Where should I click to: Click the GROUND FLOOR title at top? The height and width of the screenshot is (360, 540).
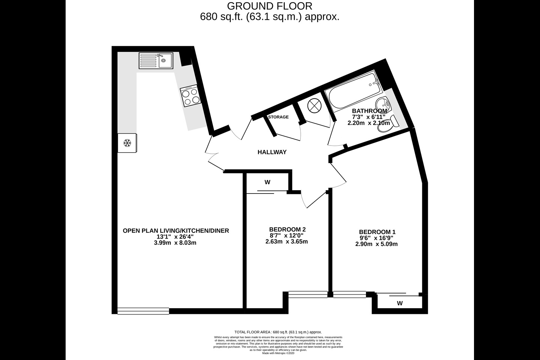coord(270,6)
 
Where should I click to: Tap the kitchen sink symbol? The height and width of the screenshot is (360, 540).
coord(156,60)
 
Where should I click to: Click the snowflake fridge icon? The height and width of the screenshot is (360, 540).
coord(127,143)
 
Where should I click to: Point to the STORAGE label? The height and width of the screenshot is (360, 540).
coord(278,117)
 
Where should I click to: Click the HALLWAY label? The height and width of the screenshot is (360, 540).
coord(272,152)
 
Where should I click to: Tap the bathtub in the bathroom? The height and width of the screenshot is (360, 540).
coord(353,90)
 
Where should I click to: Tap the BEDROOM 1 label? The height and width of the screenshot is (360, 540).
coord(377,232)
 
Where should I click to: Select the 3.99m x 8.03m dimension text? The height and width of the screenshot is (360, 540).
coord(175,243)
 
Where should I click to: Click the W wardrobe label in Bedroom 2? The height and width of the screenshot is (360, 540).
coord(267,183)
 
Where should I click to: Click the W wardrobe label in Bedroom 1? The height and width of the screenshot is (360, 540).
coord(400,303)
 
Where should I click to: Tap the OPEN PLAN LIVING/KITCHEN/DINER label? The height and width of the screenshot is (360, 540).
coord(176,231)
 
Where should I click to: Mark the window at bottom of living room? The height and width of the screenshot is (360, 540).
coord(143,311)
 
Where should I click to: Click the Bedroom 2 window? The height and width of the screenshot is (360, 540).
coord(307,295)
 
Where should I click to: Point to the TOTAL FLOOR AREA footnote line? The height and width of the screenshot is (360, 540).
coord(278,332)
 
